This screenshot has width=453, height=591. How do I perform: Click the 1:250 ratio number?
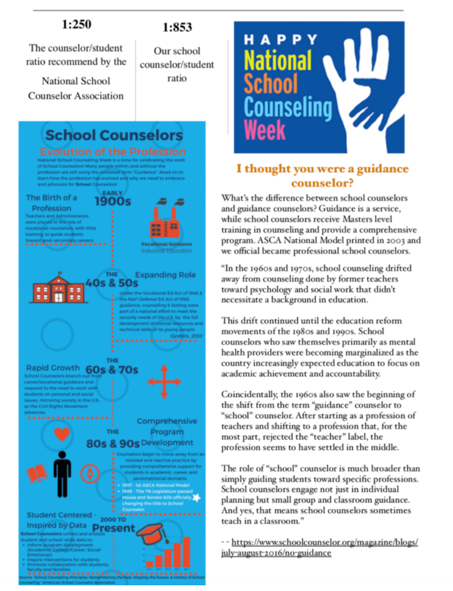click(x=77, y=25)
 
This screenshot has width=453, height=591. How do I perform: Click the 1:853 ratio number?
click(x=177, y=27)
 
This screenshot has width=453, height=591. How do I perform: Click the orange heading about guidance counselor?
click(x=323, y=176)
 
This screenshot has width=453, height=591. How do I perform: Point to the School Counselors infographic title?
click(x=114, y=135)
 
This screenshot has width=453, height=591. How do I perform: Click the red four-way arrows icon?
click(x=164, y=382)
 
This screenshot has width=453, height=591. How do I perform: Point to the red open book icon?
click(x=36, y=475)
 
